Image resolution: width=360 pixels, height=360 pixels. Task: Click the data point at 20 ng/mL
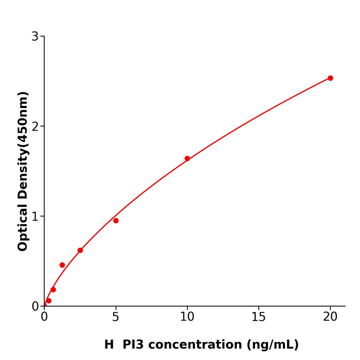click(x=330, y=78)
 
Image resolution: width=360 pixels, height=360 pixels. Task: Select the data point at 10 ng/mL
click(x=187, y=158)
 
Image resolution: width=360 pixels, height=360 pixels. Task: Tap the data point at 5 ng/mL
click(x=116, y=221)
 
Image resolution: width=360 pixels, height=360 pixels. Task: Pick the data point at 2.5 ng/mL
click(x=80, y=250)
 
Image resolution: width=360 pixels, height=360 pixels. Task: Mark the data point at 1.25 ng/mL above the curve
click(x=62, y=265)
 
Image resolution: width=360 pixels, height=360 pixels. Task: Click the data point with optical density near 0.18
click(x=53, y=290)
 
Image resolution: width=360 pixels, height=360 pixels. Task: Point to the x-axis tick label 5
click(x=116, y=317)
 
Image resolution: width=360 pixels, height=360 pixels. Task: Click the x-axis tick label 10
click(x=187, y=317)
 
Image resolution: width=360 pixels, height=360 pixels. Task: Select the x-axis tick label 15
click(x=259, y=317)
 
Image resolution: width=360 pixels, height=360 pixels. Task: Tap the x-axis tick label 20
click(x=330, y=317)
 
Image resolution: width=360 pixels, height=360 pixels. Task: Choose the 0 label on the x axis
click(x=44, y=317)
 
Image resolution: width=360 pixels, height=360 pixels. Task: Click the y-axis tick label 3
click(x=35, y=37)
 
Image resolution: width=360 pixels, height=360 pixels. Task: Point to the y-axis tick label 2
click(x=35, y=127)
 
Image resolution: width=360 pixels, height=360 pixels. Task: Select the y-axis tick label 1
click(x=35, y=217)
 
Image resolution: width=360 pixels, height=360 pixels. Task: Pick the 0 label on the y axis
click(x=35, y=307)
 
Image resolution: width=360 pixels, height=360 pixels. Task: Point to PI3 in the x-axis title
click(x=133, y=345)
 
